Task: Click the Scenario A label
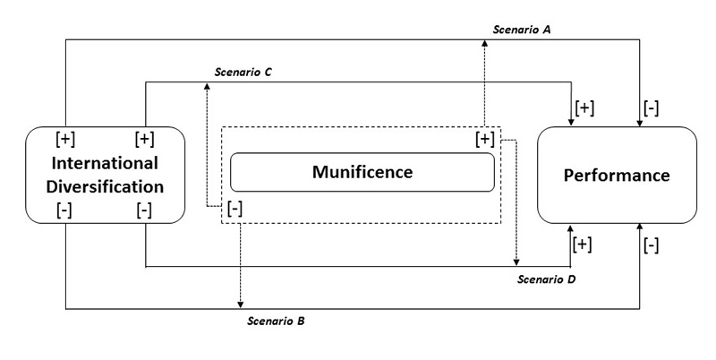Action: (522, 30)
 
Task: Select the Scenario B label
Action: (277, 320)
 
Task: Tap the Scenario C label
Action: (243, 72)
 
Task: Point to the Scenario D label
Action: (547, 279)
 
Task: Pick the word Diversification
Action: (105, 187)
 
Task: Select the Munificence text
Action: (362, 171)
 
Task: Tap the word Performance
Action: (617, 175)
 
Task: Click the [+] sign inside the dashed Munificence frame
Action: (484, 139)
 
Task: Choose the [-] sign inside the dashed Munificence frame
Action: (234, 208)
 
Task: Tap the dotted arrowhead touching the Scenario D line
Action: (516, 261)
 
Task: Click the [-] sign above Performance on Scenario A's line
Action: (652, 107)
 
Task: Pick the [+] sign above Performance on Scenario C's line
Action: (585, 107)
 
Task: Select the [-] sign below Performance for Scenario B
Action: (652, 244)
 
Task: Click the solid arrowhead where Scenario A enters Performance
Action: (640, 123)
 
